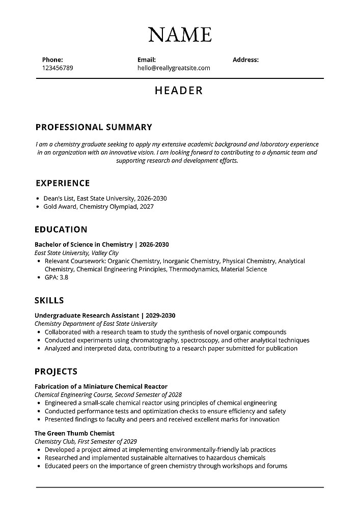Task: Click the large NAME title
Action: point(180,34)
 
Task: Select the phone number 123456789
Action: point(58,68)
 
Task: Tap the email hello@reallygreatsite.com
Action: point(174,68)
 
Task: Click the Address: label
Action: point(245,60)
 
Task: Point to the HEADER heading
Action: point(179,91)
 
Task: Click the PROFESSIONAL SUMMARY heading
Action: point(94,127)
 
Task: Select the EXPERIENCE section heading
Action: point(63,183)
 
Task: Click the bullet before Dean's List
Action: point(38,199)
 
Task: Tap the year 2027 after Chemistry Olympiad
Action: point(146,207)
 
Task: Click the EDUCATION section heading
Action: point(61,230)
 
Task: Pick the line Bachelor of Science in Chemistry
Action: point(84,244)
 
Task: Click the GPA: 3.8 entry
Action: point(57,277)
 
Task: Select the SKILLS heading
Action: point(49,300)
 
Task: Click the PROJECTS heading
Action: point(56,371)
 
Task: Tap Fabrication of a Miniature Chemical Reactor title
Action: point(101,386)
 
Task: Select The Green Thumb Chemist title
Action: point(74,433)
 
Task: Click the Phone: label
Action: point(52,60)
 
